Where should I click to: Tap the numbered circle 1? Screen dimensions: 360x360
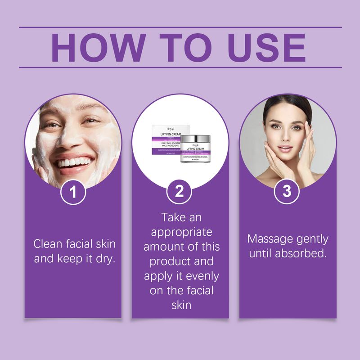pos(72,193)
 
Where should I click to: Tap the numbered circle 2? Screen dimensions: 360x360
pos(180,193)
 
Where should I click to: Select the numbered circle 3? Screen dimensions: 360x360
pos(287,193)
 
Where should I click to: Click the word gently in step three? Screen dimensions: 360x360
pos(312,239)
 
